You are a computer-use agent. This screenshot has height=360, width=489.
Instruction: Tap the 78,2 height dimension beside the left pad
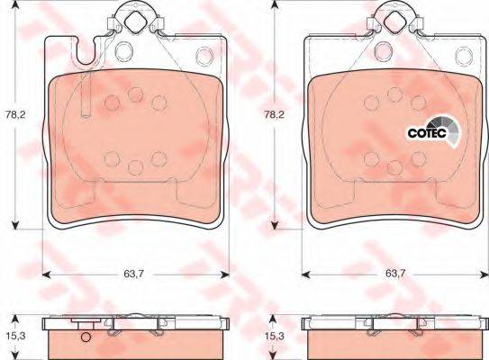tap(14, 114)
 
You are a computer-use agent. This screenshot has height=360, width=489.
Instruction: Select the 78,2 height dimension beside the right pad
tap(275, 114)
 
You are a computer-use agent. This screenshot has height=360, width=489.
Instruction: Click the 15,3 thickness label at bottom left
tap(14, 336)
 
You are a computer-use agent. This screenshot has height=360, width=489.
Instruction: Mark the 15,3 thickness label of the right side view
tap(275, 336)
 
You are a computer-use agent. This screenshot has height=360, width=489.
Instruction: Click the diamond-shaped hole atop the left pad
tap(135, 21)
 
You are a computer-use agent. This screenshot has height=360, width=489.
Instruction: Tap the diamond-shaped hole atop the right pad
tap(394, 21)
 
